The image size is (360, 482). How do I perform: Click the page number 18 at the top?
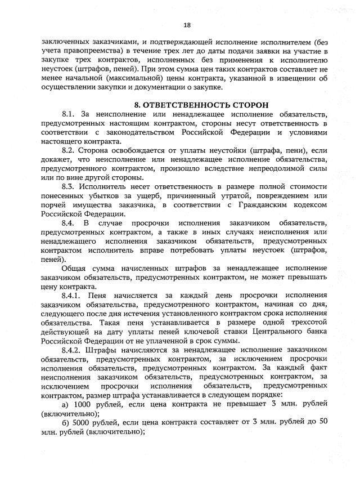point(187,25)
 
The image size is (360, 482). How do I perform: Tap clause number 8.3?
point(68,185)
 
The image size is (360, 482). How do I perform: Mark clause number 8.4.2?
point(71,350)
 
